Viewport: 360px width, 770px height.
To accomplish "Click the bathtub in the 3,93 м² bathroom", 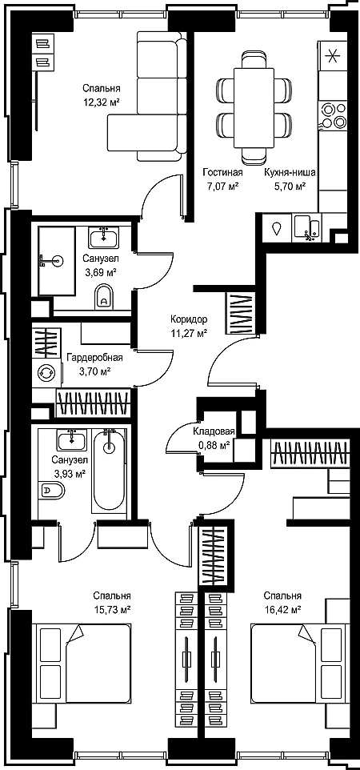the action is pos(109,470).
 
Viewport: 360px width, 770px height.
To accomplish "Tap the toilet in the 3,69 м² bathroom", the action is pos(104,297).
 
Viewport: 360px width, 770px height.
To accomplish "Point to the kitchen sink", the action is pos(307,227).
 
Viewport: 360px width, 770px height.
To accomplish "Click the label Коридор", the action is pos(189,319).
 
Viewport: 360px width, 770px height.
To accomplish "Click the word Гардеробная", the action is pos(94,358).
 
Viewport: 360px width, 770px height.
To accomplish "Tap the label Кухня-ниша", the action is pos(290,172).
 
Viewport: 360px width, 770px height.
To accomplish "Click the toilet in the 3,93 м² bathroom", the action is pos(51,489).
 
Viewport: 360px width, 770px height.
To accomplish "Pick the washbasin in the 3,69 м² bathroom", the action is pos(104,239).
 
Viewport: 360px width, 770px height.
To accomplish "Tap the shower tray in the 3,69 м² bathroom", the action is pos(57,260).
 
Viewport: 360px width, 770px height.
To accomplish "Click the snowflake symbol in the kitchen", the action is pos(333,55).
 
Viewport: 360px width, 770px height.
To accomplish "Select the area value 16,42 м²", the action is pos(282,609).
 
